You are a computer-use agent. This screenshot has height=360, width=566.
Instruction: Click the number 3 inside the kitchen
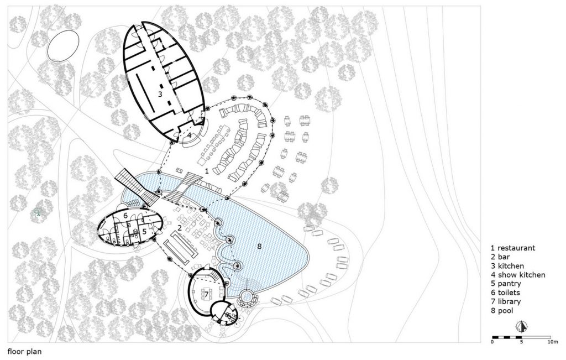(160, 94)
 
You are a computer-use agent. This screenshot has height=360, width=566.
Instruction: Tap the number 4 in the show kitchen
(189, 135)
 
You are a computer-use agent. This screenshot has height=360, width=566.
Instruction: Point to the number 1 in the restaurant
(207, 171)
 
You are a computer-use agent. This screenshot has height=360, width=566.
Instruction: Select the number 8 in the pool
(259, 246)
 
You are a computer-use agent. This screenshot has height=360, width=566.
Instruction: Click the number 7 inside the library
(207, 294)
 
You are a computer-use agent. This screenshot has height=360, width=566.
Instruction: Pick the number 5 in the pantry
(144, 231)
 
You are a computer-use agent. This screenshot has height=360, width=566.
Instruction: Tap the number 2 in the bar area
(180, 228)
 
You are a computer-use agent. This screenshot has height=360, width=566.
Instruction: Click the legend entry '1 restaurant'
(513, 248)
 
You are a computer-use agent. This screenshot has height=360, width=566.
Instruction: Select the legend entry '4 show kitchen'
(517, 275)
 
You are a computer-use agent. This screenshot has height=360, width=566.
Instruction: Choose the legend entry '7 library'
(505, 301)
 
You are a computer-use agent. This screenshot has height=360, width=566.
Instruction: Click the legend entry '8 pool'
(502, 311)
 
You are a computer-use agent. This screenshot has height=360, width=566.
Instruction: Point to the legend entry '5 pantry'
(506, 284)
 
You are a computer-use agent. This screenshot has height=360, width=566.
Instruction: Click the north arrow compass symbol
(521, 326)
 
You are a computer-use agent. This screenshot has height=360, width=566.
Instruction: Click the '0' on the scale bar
(492, 341)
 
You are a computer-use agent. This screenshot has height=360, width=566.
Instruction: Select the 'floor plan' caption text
(24, 352)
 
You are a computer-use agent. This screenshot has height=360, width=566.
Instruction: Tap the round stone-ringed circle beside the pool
(247, 298)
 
